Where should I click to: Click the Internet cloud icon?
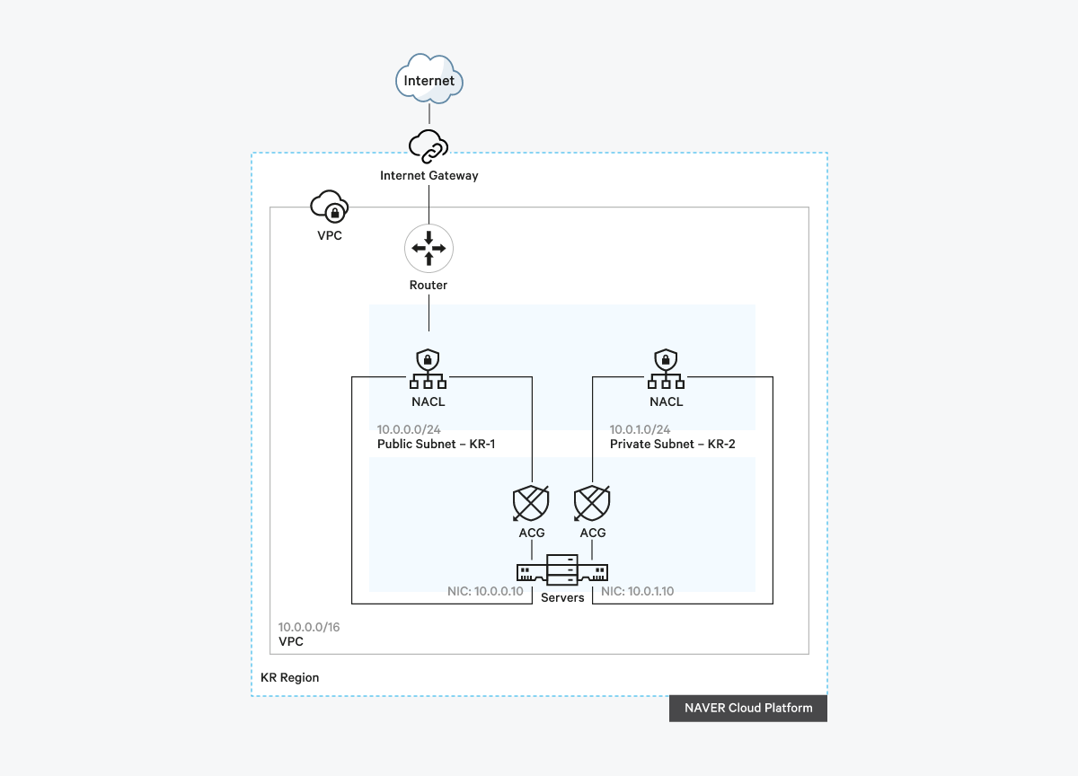pyautogui.click(x=429, y=80)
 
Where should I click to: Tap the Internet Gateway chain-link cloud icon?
pyautogui.click(x=429, y=146)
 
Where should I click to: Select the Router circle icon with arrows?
pyautogui.click(x=429, y=249)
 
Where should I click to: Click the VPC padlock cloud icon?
pyautogui.click(x=329, y=207)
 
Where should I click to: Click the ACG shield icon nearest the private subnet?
pyautogui.click(x=593, y=503)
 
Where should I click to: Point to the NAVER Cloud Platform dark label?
pyautogui.click(x=747, y=708)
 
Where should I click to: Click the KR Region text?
pyautogui.click(x=289, y=677)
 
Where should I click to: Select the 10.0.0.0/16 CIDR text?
pyautogui.click(x=309, y=627)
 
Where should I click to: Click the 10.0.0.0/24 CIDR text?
pyautogui.click(x=408, y=429)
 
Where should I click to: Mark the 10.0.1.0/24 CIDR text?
pyautogui.click(x=640, y=429)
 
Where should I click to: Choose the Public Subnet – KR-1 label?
pyautogui.click(x=436, y=444)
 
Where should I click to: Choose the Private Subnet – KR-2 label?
pyautogui.click(x=672, y=444)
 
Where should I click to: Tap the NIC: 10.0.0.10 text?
pyautogui.click(x=485, y=592)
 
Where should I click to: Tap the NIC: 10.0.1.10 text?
pyautogui.click(x=637, y=592)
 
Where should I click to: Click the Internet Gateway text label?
pyautogui.click(x=429, y=176)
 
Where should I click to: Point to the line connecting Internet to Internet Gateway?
pyautogui.click(x=429, y=114)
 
